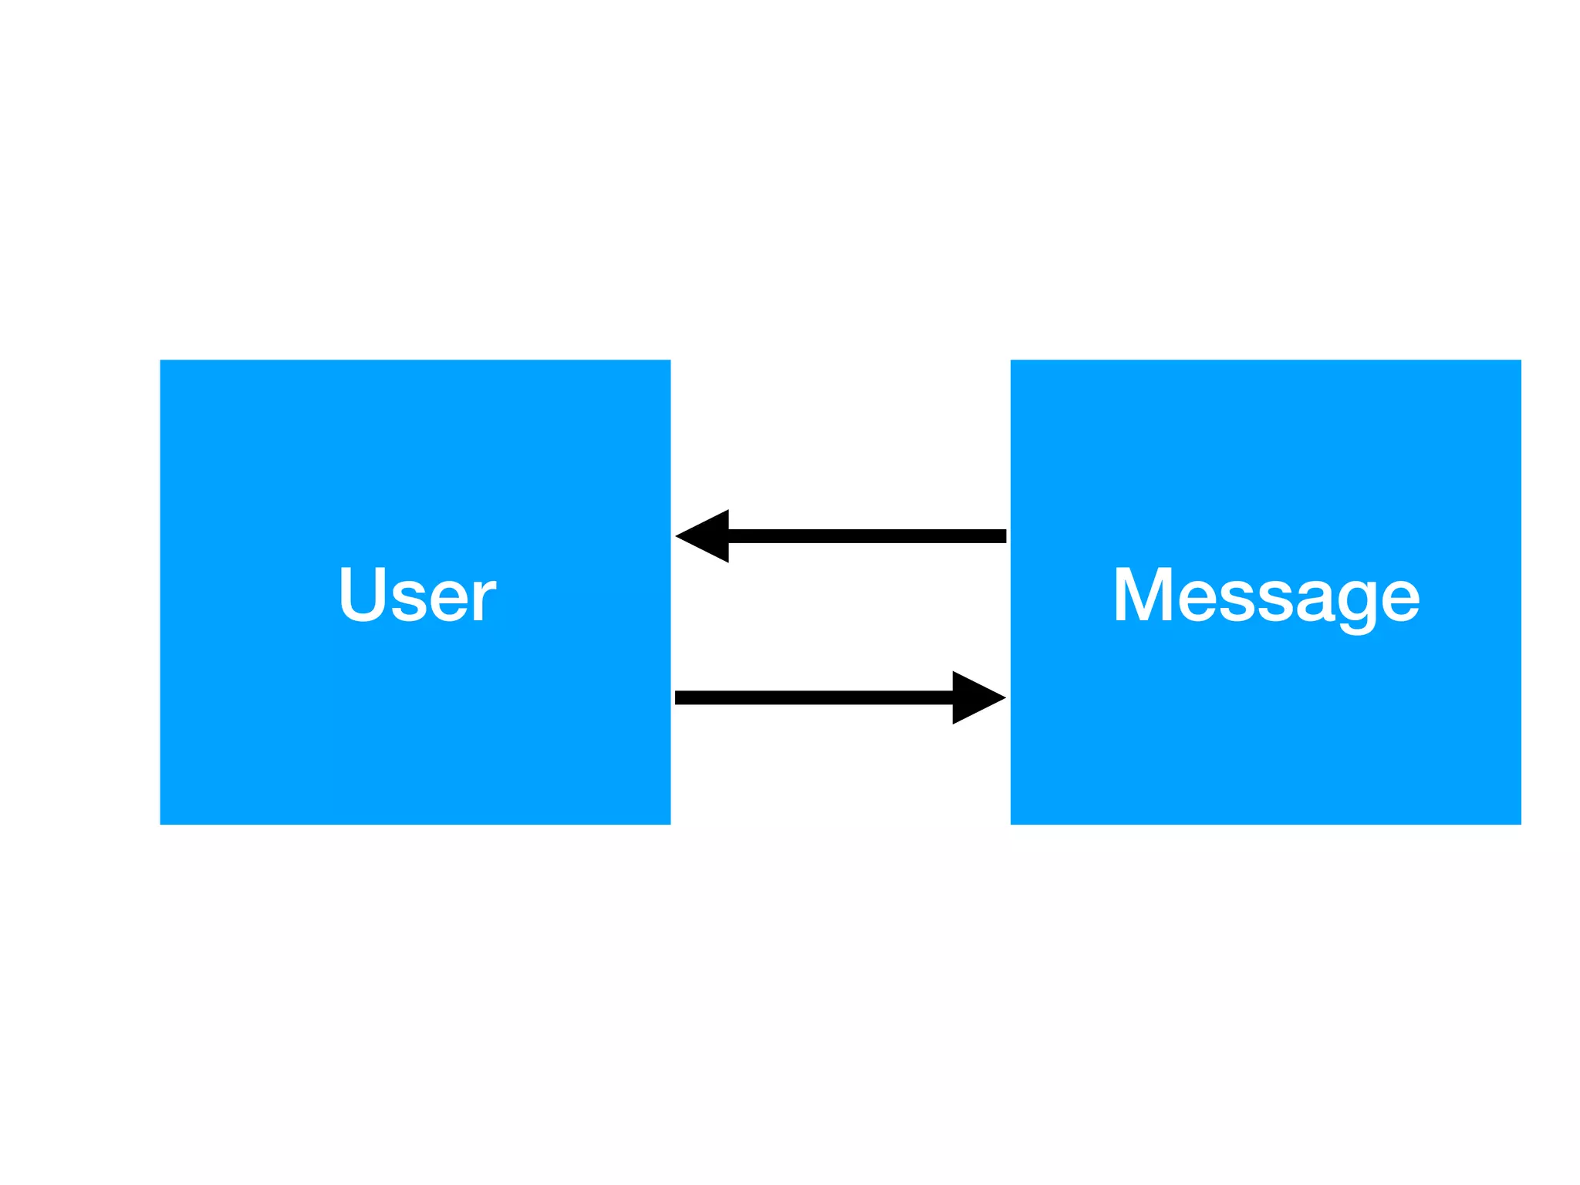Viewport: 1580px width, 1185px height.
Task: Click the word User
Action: point(417,594)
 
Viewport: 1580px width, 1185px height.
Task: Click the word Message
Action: point(1265,594)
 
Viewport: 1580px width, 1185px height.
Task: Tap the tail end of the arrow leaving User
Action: point(679,697)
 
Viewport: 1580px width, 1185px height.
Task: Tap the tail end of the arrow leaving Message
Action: point(1002,535)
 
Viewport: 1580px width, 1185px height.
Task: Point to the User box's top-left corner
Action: point(161,361)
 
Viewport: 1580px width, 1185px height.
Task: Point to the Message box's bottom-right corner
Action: point(1520,823)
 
